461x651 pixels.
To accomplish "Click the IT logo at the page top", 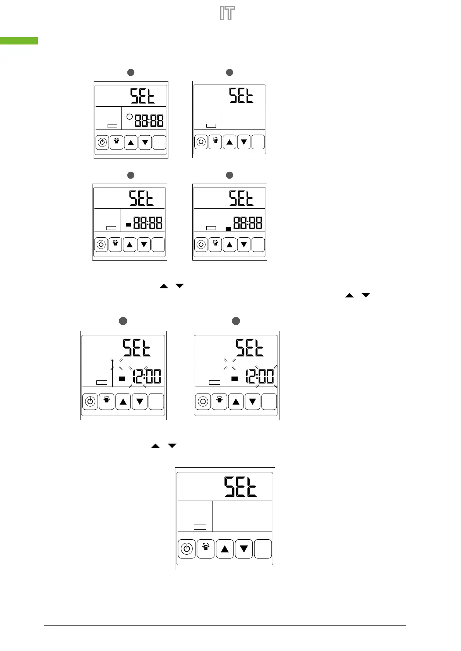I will click(x=227, y=14).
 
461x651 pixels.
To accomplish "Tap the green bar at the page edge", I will click(x=19, y=41).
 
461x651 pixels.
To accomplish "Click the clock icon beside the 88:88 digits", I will click(x=130, y=116).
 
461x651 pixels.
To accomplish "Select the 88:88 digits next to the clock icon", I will click(x=149, y=121).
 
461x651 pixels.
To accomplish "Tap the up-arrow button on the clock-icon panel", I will click(x=131, y=143).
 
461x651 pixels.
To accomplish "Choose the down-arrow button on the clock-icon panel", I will click(x=145, y=143).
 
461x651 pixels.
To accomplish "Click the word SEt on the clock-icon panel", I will click(x=142, y=96).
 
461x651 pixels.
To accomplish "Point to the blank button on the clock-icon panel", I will click(x=159, y=143).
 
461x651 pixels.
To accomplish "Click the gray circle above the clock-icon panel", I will click(x=131, y=72).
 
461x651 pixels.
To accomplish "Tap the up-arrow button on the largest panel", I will click(x=225, y=549).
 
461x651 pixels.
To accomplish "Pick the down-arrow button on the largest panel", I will click(x=244, y=549).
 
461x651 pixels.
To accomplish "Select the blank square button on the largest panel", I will click(x=263, y=549).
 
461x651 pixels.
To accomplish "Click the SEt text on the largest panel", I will click(x=240, y=487).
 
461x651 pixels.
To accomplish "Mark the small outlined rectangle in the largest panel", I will click(x=200, y=527).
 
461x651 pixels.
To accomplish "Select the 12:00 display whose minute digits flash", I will click(x=260, y=377).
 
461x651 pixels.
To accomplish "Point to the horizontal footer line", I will click(x=225, y=625).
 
